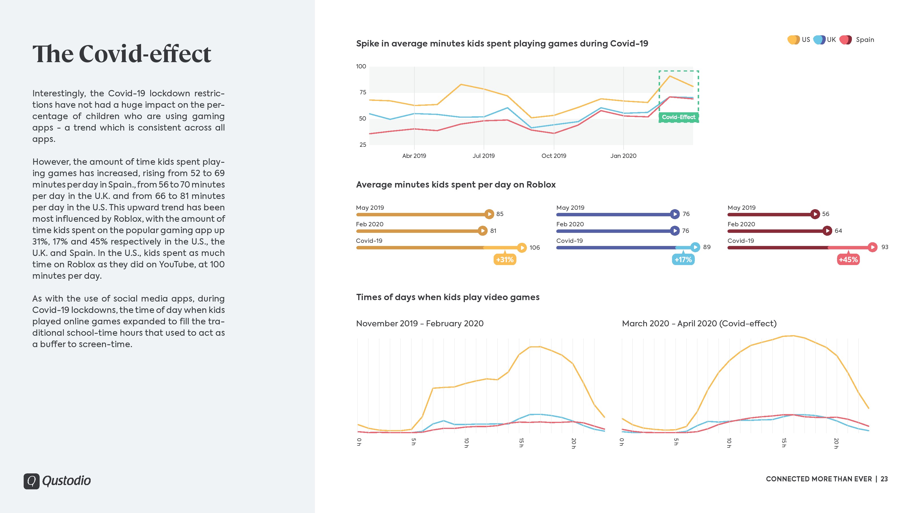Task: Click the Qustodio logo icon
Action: (x=32, y=481)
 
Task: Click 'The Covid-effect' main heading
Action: (x=122, y=54)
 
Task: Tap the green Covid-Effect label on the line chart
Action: (x=678, y=117)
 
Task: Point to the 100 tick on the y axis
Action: (x=361, y=67)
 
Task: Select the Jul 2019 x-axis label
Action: (x=483, y=156)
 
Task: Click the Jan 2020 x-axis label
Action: (x=623, y=156)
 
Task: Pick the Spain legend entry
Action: (x=864, y=40)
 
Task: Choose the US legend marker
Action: (x=793, y=40)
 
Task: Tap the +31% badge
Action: (x=504, y=260)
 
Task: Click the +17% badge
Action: (x=683, y=260)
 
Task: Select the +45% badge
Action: (x=848, y=260)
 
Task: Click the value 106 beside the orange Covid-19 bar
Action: (x=534, y=247)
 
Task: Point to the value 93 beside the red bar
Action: (x=884, y=247)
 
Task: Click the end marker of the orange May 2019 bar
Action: (x=489, y=214)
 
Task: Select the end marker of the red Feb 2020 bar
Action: (x=827, y=231)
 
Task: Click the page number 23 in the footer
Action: (x=884, y=479)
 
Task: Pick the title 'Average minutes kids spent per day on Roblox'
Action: (x=456, y=185)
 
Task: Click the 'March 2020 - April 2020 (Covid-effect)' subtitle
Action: (x=699, y=323)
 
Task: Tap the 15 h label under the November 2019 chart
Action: (x=521, y=443)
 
